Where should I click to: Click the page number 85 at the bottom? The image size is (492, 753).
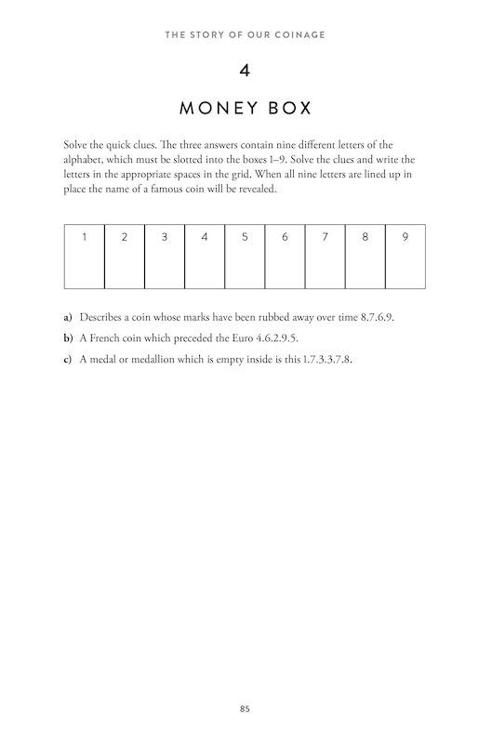[246, 709]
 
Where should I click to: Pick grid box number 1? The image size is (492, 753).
[85, 256]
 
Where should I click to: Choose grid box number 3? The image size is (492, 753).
[165, 256]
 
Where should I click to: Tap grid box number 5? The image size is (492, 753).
[245, 256]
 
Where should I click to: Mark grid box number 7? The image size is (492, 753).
[326, 256]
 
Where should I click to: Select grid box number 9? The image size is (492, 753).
[406, 256]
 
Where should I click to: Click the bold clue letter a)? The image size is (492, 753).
[68, 317]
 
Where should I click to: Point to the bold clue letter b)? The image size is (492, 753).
[68, 337]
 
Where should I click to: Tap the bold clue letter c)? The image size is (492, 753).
[68, 359]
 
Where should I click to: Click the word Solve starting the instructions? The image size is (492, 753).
[77, 145]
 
